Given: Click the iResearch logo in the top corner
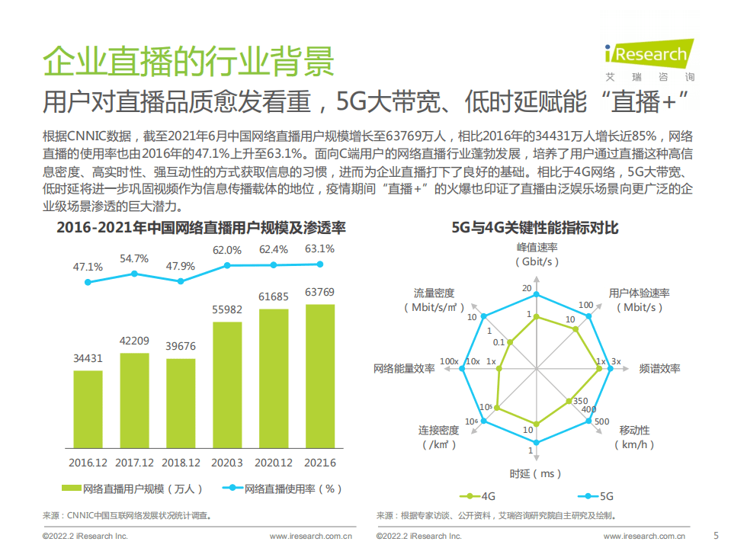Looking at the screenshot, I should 649,55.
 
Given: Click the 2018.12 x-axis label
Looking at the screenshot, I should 181,463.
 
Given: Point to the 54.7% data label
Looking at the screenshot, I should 134,258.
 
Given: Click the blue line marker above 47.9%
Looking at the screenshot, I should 181,280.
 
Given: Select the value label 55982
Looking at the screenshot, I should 226,309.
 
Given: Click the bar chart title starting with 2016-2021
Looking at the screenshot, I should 201,227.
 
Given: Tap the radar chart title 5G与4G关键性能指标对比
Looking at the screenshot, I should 535,227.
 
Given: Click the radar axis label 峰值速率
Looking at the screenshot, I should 537,248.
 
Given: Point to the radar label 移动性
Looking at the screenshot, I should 635,431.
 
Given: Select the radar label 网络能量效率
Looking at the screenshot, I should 403,369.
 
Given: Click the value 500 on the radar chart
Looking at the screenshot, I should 602,421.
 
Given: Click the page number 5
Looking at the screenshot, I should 715,534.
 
